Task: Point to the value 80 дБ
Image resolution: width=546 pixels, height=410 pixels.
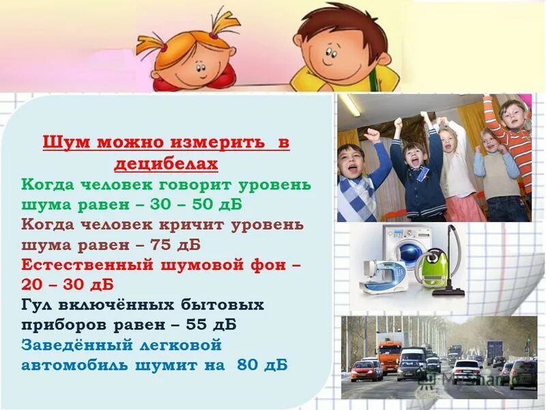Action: (262, 365)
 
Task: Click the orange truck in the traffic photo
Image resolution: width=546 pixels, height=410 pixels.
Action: (390, 351)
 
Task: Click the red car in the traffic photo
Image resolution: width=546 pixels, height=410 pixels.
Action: (367, 370)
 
